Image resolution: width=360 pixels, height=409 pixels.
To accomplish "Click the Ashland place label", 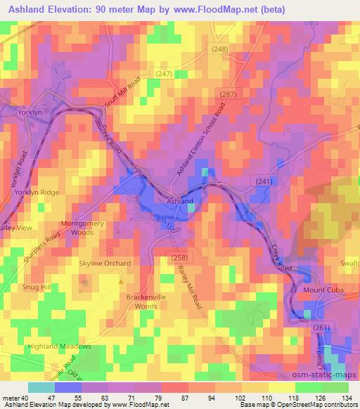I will pyautogui.click(x=180, y=202).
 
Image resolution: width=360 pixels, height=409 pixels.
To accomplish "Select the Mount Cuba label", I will pyautogui.click(x=323, y=290).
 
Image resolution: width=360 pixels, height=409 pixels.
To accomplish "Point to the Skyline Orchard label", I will pyautogui.click(x=104, y=264).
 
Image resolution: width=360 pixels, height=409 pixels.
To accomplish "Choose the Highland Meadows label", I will pyautogui.click(x=60, y=346).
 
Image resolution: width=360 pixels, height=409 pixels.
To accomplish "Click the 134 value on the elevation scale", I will pyautogui.click(x=347, y=398).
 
